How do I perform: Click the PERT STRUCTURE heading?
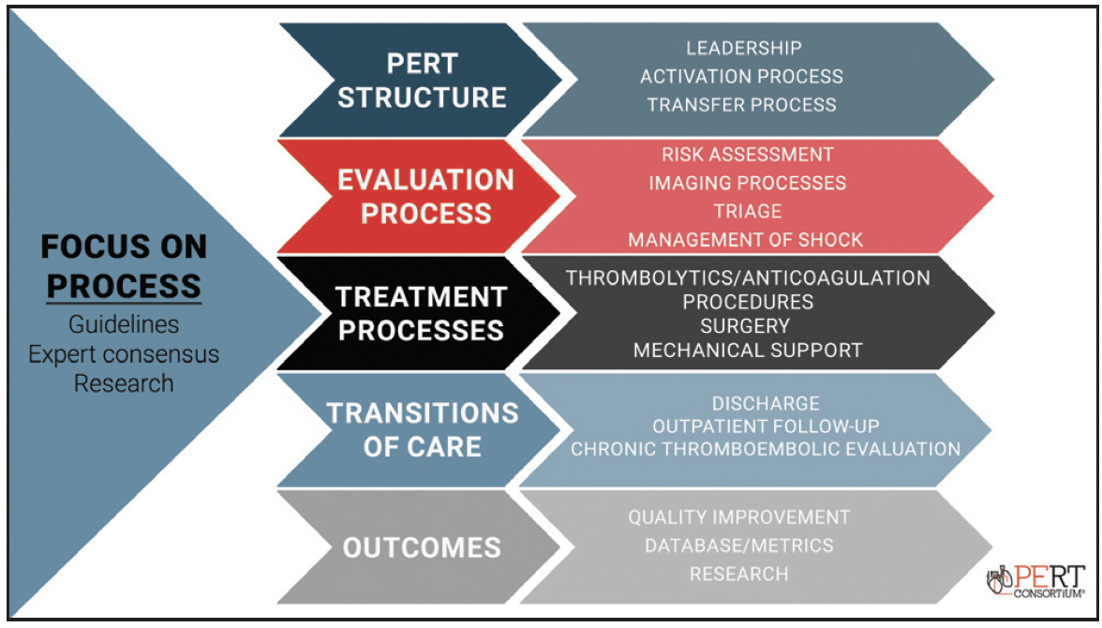click(x=422, y=81)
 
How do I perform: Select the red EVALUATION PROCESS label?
click(x=426, y=196)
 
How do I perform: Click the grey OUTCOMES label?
click(x=422, y=547)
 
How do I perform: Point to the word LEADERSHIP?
click(x=744, y=48)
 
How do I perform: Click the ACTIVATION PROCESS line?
click(x=742, y=76)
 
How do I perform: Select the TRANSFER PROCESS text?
click(x=742, y=104)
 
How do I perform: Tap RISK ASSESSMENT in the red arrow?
click(x=747, y=154)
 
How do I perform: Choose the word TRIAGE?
click(x=746, y=211)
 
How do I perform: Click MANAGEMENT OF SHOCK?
click(x=746, y=240)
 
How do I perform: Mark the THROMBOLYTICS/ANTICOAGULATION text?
click(x=748, y=277)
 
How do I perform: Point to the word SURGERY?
click(x=745, y=326)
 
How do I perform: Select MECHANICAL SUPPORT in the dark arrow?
click(x=748, y=351)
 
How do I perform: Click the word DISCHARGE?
click(x=766, y=403)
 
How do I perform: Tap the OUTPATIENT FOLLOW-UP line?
click(x=766, y=426)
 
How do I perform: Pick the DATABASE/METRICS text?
click(x=739, y=545)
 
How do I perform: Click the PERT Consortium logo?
click(x=1036, y=579)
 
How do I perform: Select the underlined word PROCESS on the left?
click(x=124, y=285)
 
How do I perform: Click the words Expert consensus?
click(x=124, y=354)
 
